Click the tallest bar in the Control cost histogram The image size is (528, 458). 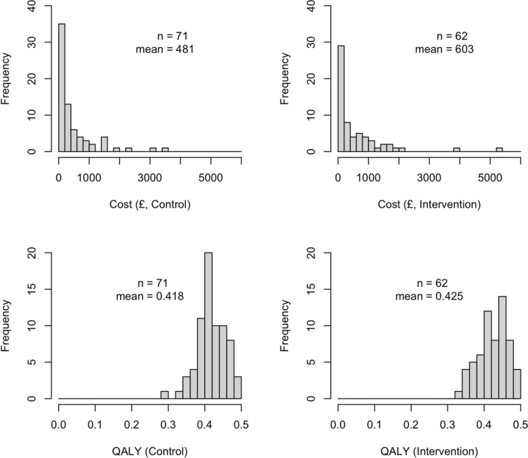(62, 88)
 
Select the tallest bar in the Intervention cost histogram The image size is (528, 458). (341, 99)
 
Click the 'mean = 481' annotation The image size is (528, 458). (165, 49)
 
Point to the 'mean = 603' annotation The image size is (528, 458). (444, 49)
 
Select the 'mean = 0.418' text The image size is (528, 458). (150, 296)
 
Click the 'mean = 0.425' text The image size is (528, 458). (429, 296)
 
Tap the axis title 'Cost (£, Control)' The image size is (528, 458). (150, 204)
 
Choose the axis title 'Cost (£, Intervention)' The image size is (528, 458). (429, 204)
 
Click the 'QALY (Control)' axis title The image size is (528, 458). (150, 451)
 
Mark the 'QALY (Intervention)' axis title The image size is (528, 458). (429, 451)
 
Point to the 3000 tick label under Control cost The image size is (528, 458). (150, 178)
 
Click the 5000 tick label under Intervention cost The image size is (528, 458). (490, 178)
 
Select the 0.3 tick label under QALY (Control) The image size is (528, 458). (168, 425)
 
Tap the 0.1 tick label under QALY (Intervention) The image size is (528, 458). (374, 425)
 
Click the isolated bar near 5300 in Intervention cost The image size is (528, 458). (499, 150)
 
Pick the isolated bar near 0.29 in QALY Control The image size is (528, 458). (164, 395)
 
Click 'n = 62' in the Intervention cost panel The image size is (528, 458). (452, 36)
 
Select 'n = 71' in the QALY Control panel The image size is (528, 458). (153, 283)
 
